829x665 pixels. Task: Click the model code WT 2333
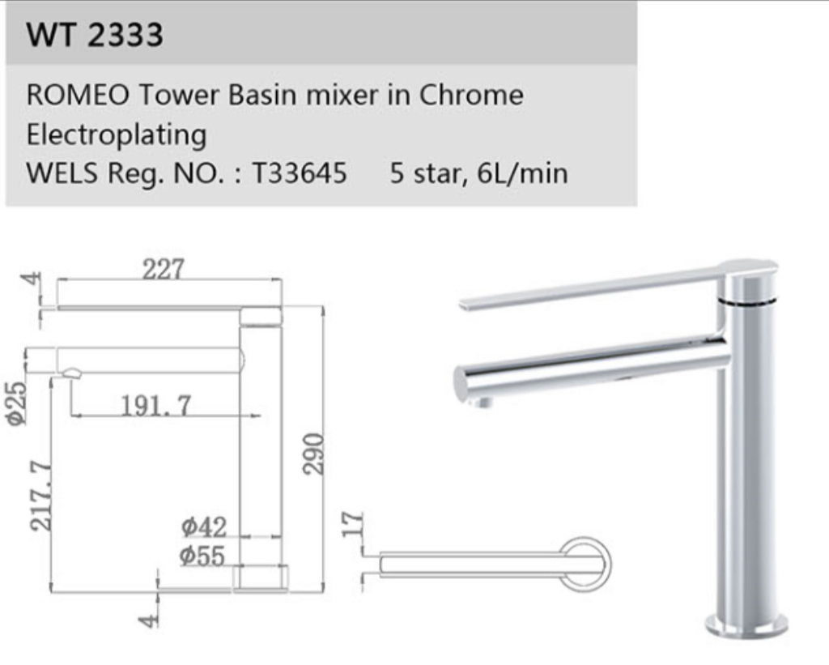[x=95, y=35]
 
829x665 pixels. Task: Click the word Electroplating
[x=116, y=134]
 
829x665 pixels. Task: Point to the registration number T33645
[x=300, y=173]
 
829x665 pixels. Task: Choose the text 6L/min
[x=523, y=173]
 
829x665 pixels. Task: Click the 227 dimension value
[x=164, y=269]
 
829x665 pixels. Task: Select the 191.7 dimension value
[x=156, y=405]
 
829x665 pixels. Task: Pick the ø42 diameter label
[x=203, y=527]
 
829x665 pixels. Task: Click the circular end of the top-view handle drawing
[x=584, y=563]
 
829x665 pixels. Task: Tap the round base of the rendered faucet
[x=746, y=623]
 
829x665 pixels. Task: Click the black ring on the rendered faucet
[x=746, y=301]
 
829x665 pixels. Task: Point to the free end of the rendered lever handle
[x=466, y=305]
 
